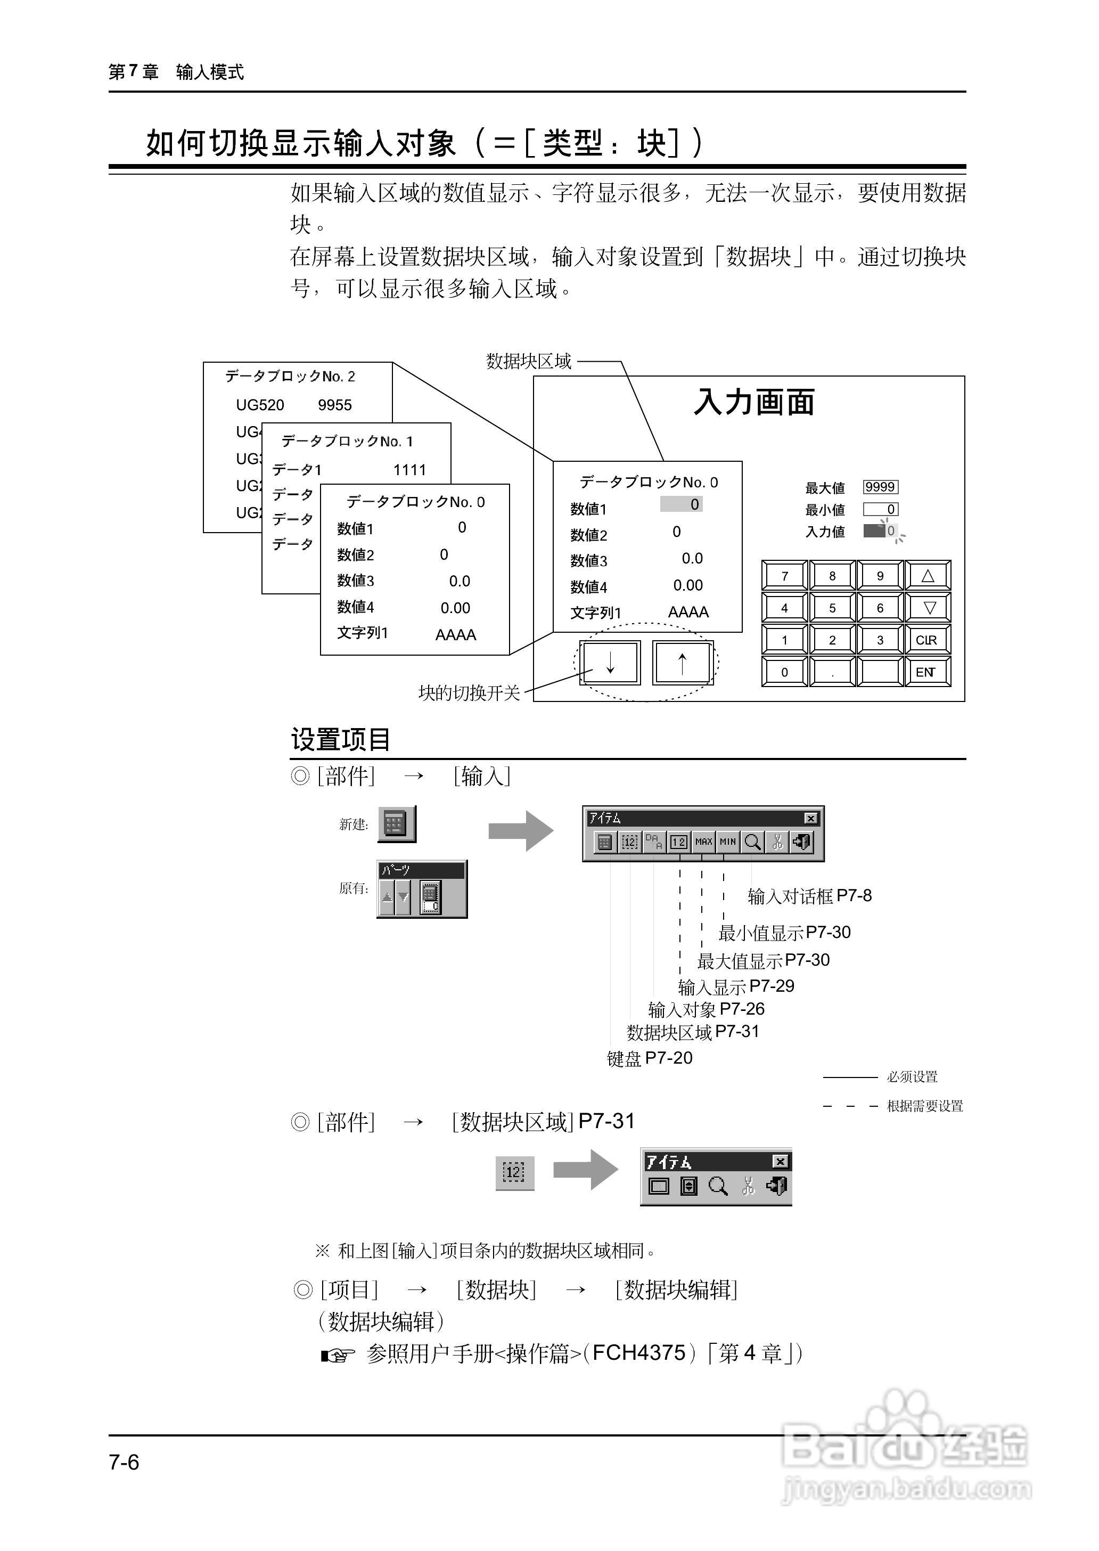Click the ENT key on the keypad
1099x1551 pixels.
point(927,672)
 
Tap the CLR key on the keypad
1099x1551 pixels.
point(927,640)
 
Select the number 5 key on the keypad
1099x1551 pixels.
point(832,608)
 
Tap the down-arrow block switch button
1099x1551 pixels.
point(610,663)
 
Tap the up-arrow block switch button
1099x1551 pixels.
point(682,663)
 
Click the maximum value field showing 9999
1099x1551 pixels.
point(880,487)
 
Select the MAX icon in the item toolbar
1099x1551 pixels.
point(704,842)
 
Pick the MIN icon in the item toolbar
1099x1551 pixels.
point(727,842)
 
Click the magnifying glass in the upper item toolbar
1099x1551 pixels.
point(752,842)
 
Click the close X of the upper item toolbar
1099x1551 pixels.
point(811,819)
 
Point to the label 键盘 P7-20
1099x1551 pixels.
point(650,1058)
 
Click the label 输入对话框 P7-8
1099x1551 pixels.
point(809,896)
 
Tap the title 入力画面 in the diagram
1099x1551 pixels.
point(754,402)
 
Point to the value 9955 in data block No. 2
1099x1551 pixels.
point(335,405)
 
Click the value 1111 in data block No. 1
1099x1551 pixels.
point(410,470)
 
